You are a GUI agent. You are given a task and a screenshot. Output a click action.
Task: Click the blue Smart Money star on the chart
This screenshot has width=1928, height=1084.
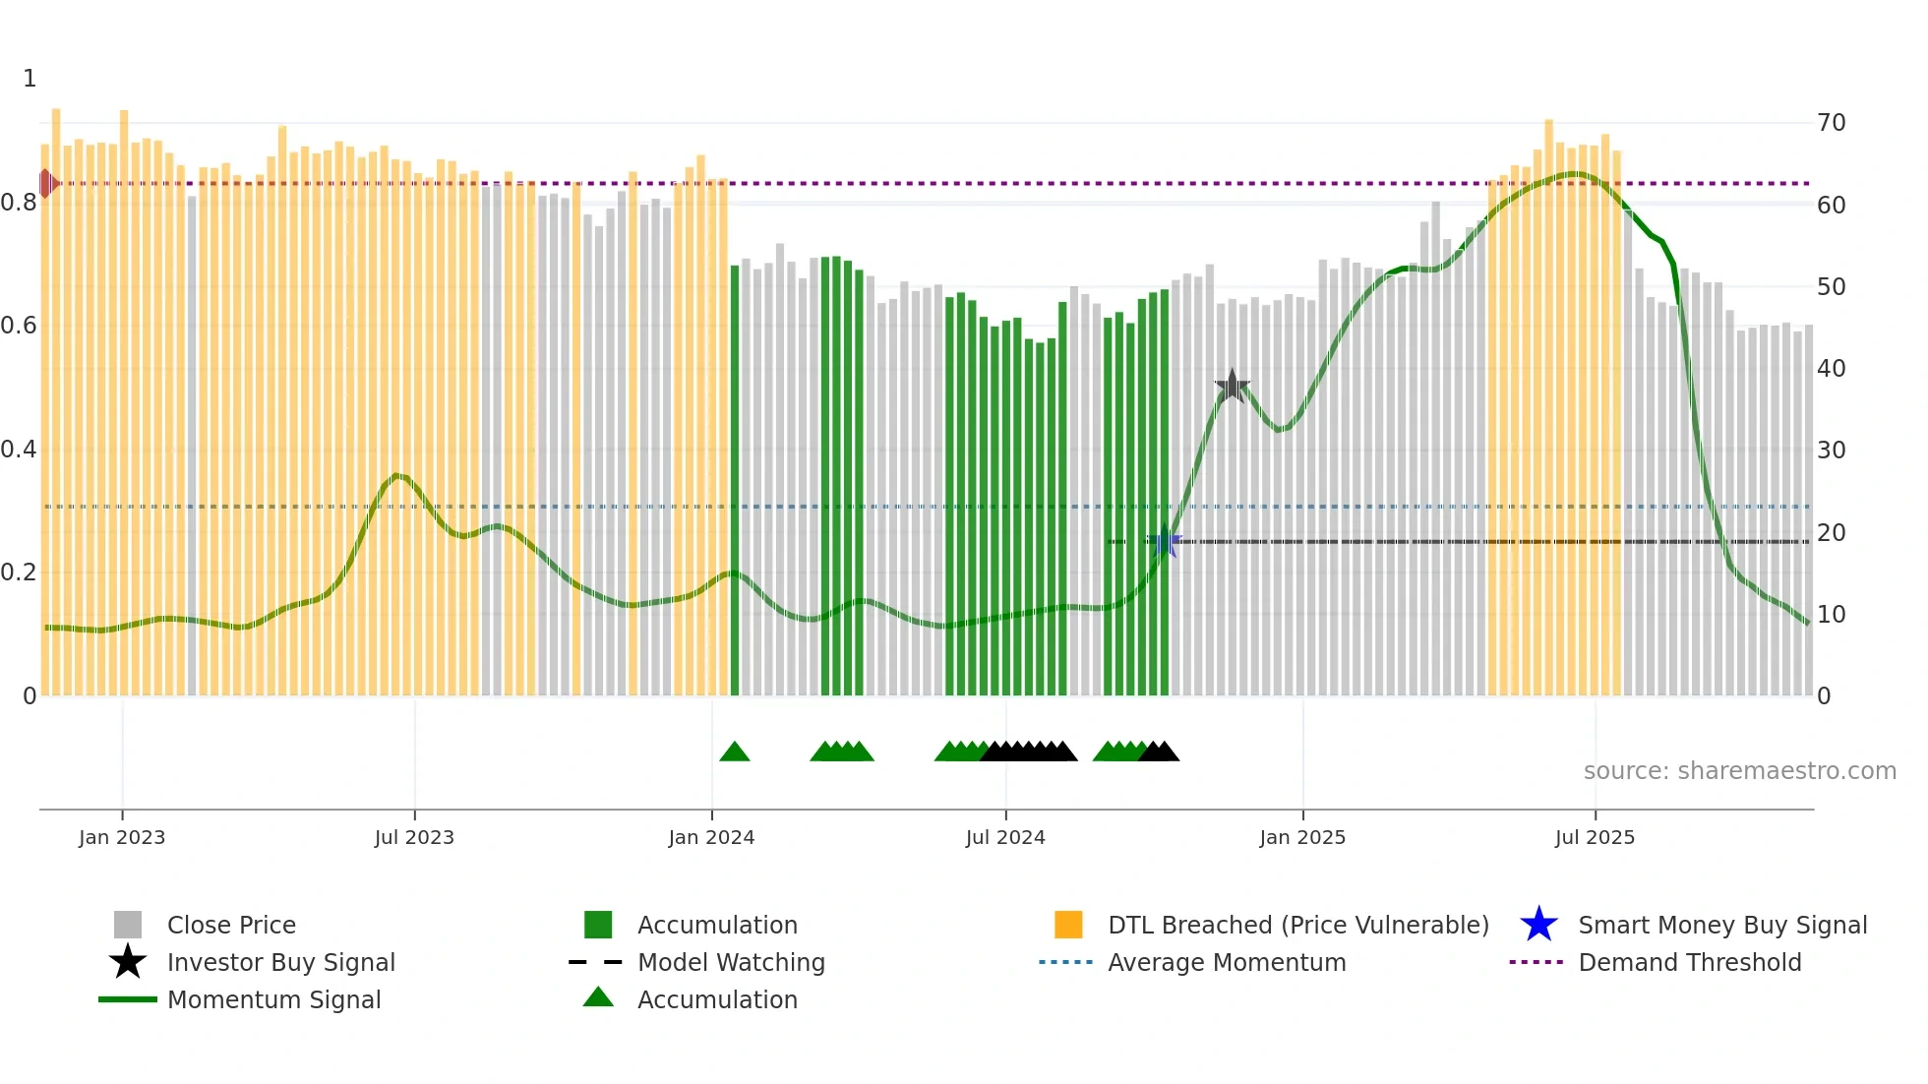(x=1165, y=541)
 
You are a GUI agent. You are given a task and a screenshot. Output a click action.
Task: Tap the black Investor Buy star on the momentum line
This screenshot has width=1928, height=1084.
(x=1232, y=387)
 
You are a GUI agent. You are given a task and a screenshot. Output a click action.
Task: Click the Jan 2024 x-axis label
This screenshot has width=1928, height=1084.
(x=711, y=837)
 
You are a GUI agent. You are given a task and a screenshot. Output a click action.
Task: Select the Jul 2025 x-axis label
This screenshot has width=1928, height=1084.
(x=1595, y=837)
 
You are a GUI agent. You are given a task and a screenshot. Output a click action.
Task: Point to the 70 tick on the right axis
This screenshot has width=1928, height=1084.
(x=1831, y=123)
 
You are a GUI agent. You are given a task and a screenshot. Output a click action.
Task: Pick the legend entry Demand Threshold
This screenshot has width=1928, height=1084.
(x=1689, y=962)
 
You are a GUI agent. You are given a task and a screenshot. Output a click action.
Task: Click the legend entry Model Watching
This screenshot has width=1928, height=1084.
(x=730, y=962)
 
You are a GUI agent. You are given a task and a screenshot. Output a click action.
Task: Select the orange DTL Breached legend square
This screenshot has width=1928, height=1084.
(x=1068, y=925)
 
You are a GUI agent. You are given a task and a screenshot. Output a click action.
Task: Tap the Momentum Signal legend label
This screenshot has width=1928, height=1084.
(x=273, y=999)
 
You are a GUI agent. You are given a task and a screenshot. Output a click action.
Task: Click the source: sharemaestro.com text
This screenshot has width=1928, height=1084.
(x=1739, y=771)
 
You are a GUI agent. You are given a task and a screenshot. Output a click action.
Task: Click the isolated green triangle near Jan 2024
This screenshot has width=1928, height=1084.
(x=735, y=753)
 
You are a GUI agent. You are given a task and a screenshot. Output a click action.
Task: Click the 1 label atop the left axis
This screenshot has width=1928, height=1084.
(x=30, y=79)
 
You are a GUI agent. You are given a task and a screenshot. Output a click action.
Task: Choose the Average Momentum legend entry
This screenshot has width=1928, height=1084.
(x=1226, y=962)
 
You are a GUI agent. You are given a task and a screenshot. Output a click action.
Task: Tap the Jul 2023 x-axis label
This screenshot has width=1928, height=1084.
(x=414, y=837)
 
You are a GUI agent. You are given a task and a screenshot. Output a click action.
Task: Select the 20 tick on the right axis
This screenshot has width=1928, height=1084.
(x=1831, y=532)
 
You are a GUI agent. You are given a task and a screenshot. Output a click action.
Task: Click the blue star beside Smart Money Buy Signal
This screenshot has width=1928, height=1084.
(x=1538, y=925)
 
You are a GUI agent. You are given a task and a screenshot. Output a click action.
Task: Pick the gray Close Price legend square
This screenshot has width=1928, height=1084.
(x=128, y=925)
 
